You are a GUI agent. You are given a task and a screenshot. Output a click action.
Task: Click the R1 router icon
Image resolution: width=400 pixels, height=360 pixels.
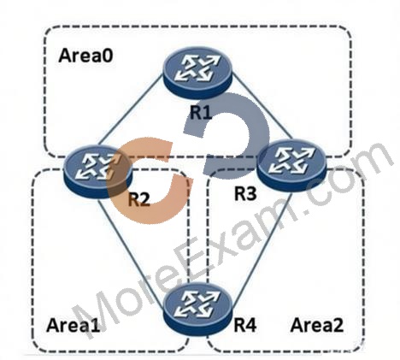point(197,73)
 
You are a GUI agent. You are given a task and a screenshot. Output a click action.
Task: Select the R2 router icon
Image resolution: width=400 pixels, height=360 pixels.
point(98,171)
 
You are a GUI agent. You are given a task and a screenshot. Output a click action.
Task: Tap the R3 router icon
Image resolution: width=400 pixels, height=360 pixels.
point(291,166)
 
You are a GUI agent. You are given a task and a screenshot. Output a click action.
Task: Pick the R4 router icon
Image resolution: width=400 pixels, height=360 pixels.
point(198,310)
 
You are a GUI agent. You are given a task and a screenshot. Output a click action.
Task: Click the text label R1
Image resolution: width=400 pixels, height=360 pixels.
point(201,112)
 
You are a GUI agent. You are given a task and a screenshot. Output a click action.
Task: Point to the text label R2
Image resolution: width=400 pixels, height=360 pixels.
point(138,199)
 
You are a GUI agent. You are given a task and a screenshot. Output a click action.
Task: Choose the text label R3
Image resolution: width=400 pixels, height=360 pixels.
point(245,194)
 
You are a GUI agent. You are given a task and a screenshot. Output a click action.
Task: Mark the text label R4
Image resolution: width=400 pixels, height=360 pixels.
point(245,325)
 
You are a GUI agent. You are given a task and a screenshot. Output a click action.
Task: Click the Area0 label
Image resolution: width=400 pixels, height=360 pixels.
point(85,56)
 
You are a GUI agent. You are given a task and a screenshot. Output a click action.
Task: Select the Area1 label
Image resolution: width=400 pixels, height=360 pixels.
point(74,325)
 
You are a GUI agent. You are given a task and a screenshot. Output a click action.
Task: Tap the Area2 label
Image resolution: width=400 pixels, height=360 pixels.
point(317,325)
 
